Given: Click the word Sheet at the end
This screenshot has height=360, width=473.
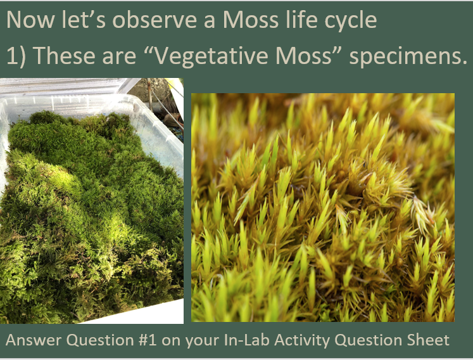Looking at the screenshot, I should (431, 340).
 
